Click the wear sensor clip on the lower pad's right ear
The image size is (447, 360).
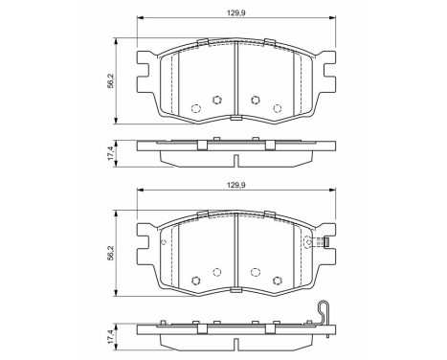coord(325,241)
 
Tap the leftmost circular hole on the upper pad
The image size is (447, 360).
coord(195,107)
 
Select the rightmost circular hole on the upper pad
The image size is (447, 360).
coord(277,107)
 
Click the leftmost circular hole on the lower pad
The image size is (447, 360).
coord(195,280)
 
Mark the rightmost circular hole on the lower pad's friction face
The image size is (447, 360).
coord(277,280)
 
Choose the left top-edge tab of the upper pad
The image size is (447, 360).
coord(203,41)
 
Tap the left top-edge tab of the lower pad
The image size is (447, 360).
coord(203,213)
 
